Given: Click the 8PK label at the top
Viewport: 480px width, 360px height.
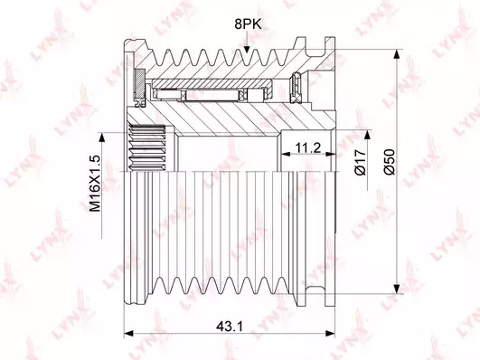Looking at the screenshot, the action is (x=248, y=24).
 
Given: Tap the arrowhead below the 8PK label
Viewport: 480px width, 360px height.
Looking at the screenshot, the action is (x=247, y=49).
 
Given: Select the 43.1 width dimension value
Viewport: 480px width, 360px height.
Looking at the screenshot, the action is (x=230, y=327).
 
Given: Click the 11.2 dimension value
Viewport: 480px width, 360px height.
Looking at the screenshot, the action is (x=308, y=148).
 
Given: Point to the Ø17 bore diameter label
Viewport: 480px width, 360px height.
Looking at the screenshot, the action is (x=361, y=162).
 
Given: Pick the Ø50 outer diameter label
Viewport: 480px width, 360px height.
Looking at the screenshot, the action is (x=390, y=162).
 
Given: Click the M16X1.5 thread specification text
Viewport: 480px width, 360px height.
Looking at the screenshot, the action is (x=95, y=184).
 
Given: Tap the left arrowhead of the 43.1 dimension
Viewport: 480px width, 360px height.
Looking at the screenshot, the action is (x=129, y=333).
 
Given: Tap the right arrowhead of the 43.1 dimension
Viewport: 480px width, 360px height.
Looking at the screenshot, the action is (x=330, y=333).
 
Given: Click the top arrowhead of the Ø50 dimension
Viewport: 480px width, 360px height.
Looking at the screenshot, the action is (x=397, y=54).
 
